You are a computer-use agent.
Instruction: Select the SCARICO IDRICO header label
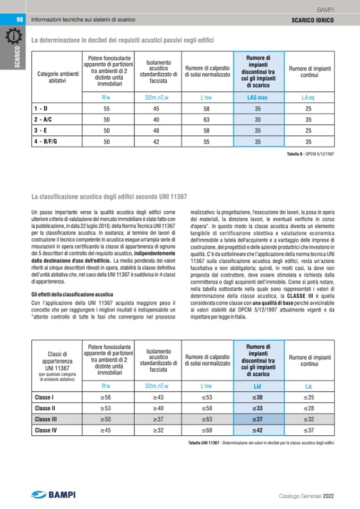313,20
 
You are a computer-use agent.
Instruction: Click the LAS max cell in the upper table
258,98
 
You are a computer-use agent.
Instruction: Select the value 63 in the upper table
207,119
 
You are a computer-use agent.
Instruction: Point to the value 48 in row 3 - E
156,131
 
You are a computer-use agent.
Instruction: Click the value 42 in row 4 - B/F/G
156,142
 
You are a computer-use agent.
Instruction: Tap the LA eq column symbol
308,98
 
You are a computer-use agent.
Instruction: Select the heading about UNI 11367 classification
109,197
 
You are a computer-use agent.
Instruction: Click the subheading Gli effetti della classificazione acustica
72,294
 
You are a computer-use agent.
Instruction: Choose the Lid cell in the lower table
258,386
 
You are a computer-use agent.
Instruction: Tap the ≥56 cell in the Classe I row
106,397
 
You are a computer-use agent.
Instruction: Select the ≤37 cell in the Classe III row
258,419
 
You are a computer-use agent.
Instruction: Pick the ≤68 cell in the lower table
207,430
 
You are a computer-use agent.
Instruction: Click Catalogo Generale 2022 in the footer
306,496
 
